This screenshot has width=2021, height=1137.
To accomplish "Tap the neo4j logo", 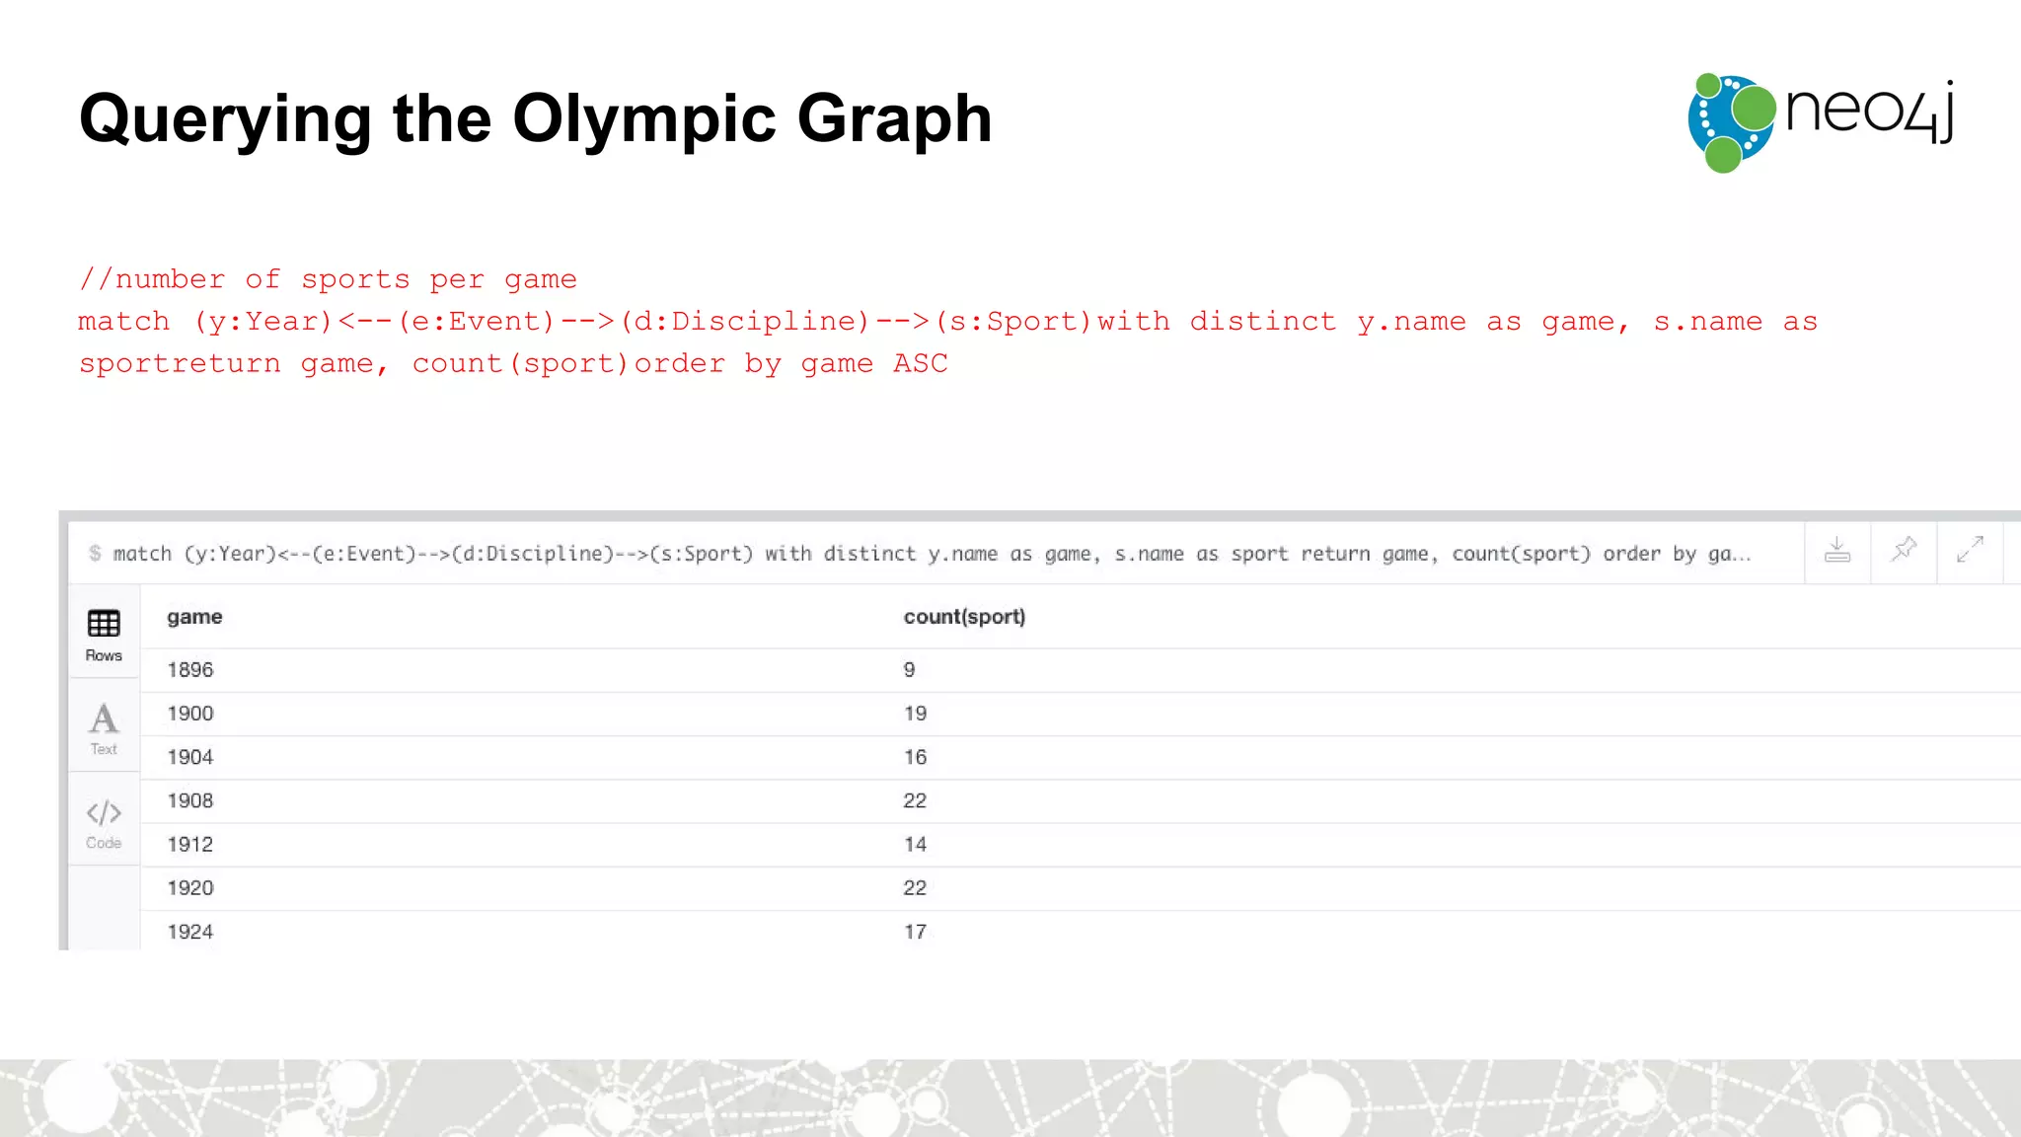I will pyautogui.click(x=1821, y=122).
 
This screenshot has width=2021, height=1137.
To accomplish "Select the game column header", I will pyautogui.click(x=194, y=617).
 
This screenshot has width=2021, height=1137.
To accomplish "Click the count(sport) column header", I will pyautogui.click(x=964, y=617).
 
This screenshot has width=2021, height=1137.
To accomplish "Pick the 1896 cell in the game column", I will pyautogui.click(x=190, y=670).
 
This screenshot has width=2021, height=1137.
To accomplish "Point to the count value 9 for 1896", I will pyautogui.click(x=909, y=670).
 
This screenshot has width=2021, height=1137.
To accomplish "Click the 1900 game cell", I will pyautogui.click(x=190, y=714).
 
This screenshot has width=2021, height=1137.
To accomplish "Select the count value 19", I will pyautogui.click(x=915, y=714).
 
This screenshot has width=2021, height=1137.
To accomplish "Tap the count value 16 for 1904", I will pyautogui.click(x=915, y=757).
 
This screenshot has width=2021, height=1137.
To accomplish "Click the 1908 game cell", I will pyautogui.click(x=190, y=800).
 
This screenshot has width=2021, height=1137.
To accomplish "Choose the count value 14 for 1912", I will pyautogui.click(x=915, y=844).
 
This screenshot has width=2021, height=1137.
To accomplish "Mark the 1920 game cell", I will pyautogui.click(x=190, y=887).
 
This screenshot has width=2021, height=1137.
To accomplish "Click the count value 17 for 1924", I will pyautogui.click(x=915, y=931).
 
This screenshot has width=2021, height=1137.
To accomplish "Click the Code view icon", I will pyautogui.click(x=104, y=822).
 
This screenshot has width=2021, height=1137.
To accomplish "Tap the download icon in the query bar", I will pyautogui.click(x=1836, y=550).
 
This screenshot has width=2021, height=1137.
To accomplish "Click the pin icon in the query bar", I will pyautogui.click(x=1904, y=549).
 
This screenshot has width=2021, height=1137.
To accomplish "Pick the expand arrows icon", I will pyautogui.click(x=1970, y=549).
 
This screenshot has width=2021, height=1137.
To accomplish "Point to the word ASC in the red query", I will pyautogui.click(x=920, y=363).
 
